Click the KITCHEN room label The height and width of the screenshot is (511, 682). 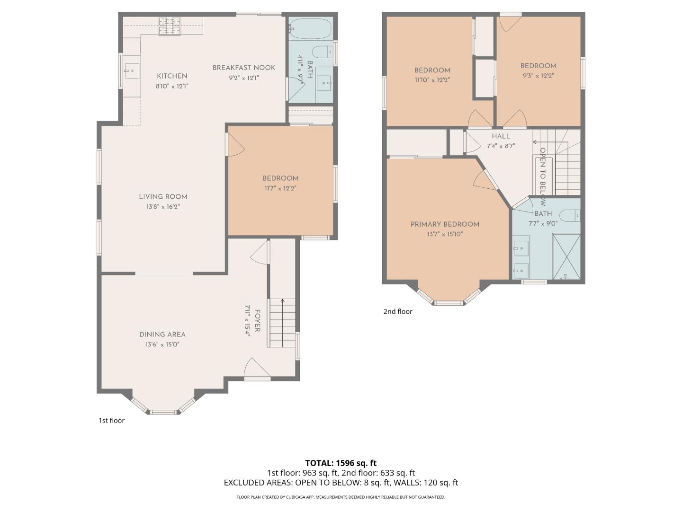pyautogui.click(x=172, y=76)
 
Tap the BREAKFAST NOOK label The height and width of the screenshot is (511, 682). pyautogui.click(x=243, y=68)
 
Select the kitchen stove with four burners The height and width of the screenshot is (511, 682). pyautogui.click(x=169, y=26)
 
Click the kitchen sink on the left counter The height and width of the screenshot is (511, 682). pyautogui.click(x=132, y=72)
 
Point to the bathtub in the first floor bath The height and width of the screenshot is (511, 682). pyautogui.click(x=310, y=29)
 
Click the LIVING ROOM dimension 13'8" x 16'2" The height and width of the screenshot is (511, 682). pyautogui.click(x=163, y=207)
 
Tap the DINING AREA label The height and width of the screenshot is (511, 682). pyautogui.click(x=162, y=335)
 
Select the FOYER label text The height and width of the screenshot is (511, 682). pyautogui.click(x=258, y=321)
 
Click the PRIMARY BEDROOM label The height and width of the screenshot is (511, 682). pyautogui.click(x=445, y=224)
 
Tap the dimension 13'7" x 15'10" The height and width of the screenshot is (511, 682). pyautogui.click(x=445, y=234)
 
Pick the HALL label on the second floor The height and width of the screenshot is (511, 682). pyautogui.click(x=501, y=136)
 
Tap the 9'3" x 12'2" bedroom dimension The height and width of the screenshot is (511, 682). pyautogui.click(x=538, y=76)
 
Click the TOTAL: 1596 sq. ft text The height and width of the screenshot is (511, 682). pyautogui.click(x=341, y=463)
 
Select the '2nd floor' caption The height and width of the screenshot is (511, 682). pyautogui.click(x=398, y=311)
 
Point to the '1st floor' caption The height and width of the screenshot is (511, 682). pyautogui.click(x=111, y=420)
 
